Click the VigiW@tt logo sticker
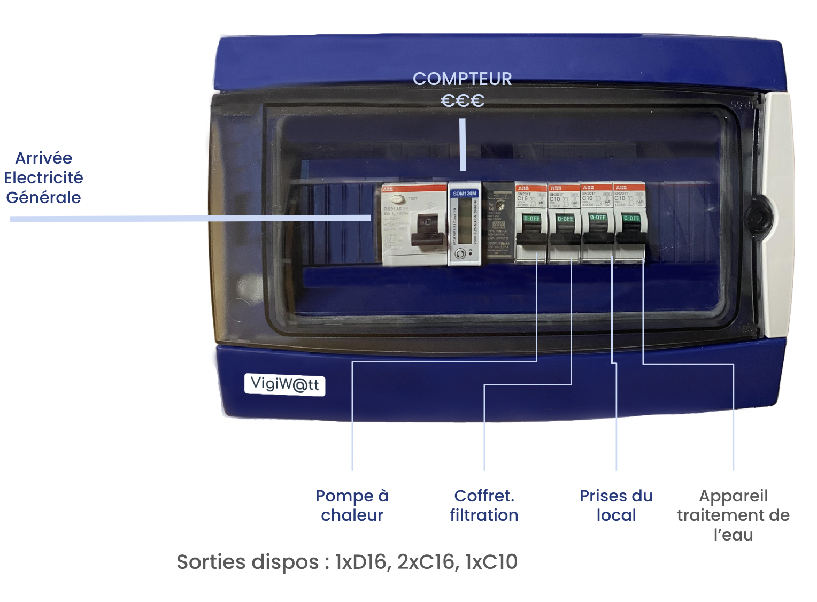coord(284,384)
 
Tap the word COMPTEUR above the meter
coord(463,79)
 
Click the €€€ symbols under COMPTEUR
coord(463,101)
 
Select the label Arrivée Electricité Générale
coord(43,177)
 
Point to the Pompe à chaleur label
coord(352,505)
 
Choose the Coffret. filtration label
coord(484,505)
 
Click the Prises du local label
coord(616,505)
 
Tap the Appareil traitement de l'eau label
coord(733,515)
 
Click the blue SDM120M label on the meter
coord(464,194)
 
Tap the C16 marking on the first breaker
coord(522,198)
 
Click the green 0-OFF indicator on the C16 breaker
coord(531,219)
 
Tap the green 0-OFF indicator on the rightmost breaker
coord(631,218)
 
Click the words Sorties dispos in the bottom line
coord(248,562)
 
